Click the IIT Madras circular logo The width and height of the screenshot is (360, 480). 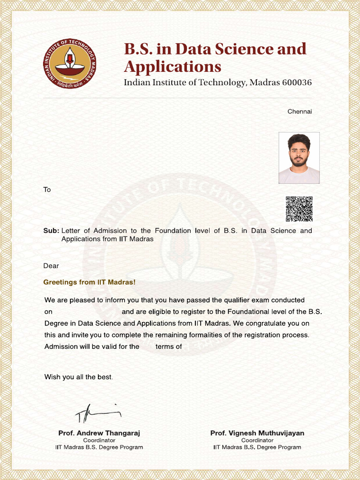click(70, 63)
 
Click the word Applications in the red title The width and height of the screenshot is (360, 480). click(172, 67)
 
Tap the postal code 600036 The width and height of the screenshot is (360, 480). click(297, 82)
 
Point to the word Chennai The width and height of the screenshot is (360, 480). click(300, 112)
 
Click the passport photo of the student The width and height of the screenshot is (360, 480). click(299, 157)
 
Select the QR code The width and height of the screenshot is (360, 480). click(299, 209)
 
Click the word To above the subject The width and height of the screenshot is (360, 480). click(47, 190)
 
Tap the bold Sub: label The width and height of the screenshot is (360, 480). click(51, 231)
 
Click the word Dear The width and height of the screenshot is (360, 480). click(51, 266)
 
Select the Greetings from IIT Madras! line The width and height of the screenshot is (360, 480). click(89, 282)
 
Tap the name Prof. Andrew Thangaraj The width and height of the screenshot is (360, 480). click(99, 433)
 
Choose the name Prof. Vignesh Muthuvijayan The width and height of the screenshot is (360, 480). click(257, 433)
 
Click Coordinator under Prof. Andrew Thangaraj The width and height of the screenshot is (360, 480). click(99, 441)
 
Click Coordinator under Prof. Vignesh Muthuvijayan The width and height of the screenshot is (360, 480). click(257, 441)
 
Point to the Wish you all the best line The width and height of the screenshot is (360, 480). click(78, 377)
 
